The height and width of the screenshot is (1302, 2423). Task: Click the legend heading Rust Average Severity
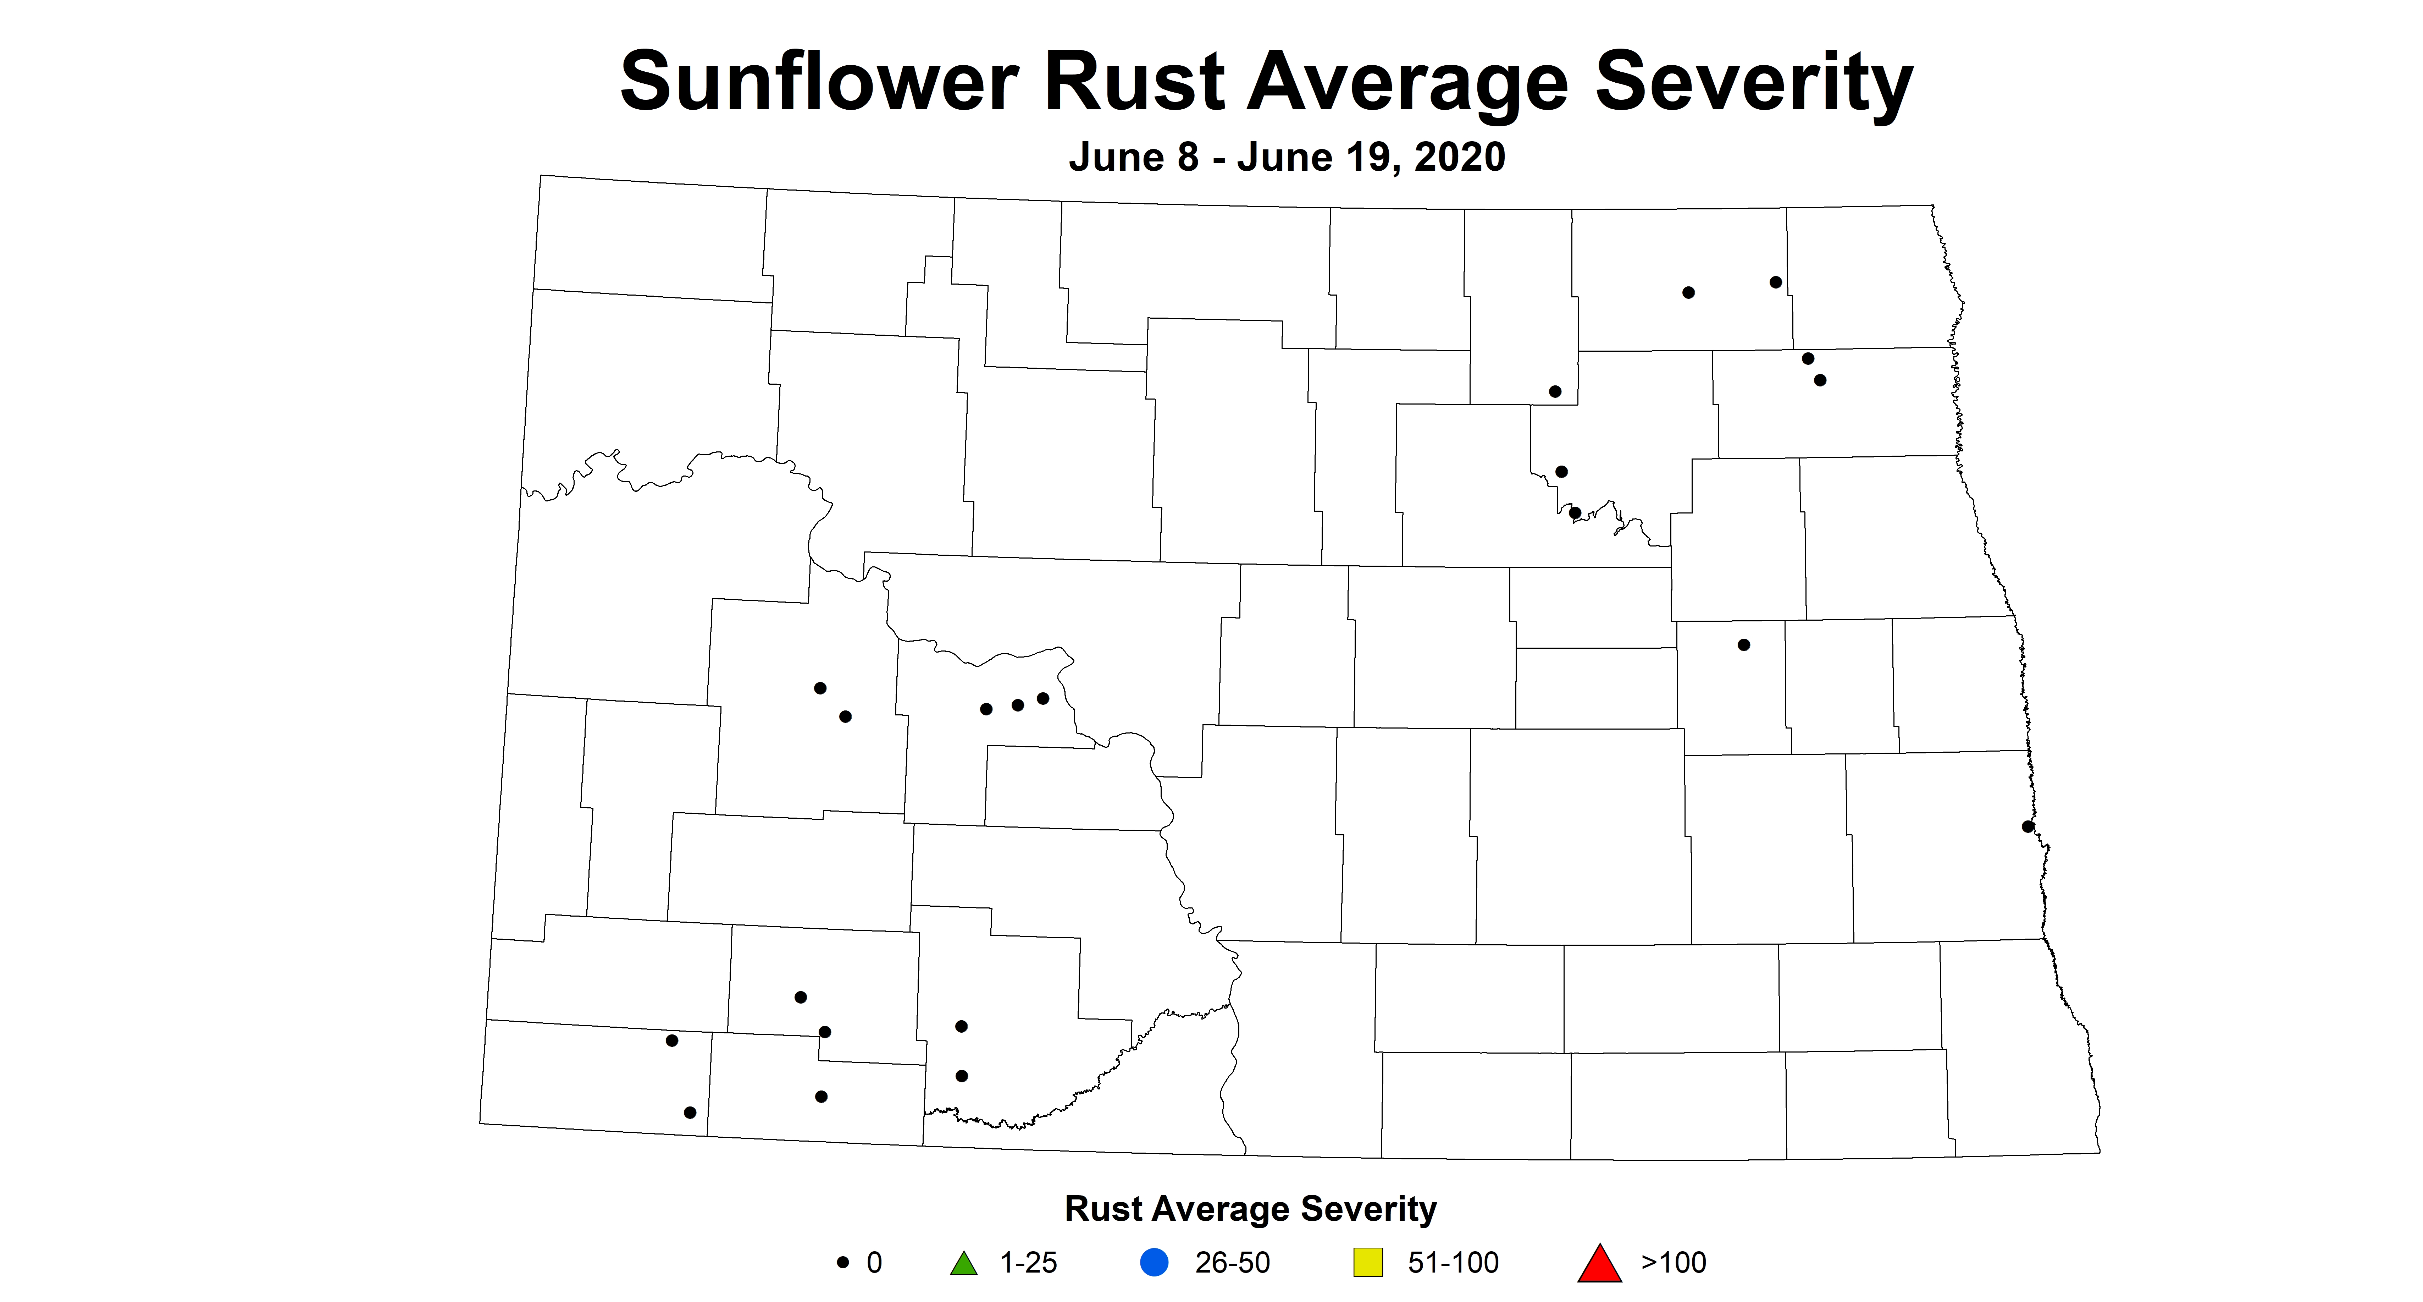click(1250, 1209)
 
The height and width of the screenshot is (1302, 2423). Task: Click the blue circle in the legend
click(1154, 1263)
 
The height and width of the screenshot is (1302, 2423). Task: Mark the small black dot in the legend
click(843, 1263)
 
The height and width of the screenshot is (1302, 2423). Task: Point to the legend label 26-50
click(1232, 1263)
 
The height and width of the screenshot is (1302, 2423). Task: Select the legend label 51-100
click(1453, 1263)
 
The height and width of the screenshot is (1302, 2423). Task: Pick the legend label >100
click(1674, 1263)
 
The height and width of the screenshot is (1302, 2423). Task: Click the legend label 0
click(875, 1263)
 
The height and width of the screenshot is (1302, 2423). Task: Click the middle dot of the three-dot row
click(1017, 705)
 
